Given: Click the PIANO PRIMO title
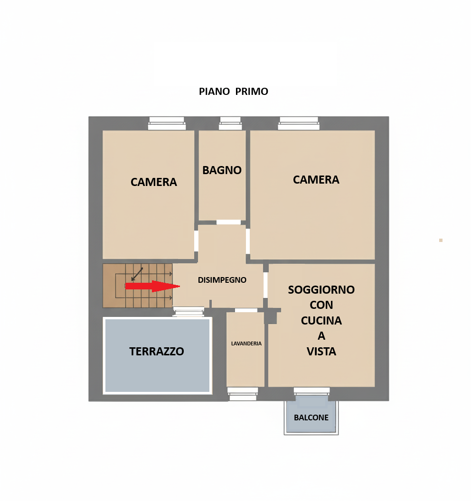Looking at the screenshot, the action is (x=234, y=92).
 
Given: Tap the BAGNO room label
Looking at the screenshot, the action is (x=222, y=170).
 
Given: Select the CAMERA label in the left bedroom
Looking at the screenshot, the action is (x=153, y=182).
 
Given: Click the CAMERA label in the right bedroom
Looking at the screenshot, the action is (x=316, y=179).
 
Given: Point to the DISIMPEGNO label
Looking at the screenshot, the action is (x=222, y=280).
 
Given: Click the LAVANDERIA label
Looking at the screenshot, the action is (x=246, y=343).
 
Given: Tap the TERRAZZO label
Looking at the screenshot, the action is (x=157, y=352).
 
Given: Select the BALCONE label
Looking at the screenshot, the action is (x=311, y=417).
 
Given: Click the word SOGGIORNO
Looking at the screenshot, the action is (x=321, y=290).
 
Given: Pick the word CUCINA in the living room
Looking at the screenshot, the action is (x=321, y=320).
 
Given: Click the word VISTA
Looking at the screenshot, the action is (x=321, y=352).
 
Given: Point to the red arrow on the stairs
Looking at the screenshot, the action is (x=152, y=286).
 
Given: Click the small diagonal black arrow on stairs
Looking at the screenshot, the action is (x=137, y=274).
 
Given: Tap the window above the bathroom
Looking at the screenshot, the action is (x=230, y=123).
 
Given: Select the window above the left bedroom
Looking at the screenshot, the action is (x=167, y=123).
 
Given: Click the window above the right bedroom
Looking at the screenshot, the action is (x=299, y=123).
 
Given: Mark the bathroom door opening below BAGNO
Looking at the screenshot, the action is (x=229, y=222).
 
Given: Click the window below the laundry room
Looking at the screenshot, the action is (x=243, y=394).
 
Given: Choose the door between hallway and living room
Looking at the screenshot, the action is (x=265, y=285).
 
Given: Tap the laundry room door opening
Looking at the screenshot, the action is (x=246, y=310).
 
